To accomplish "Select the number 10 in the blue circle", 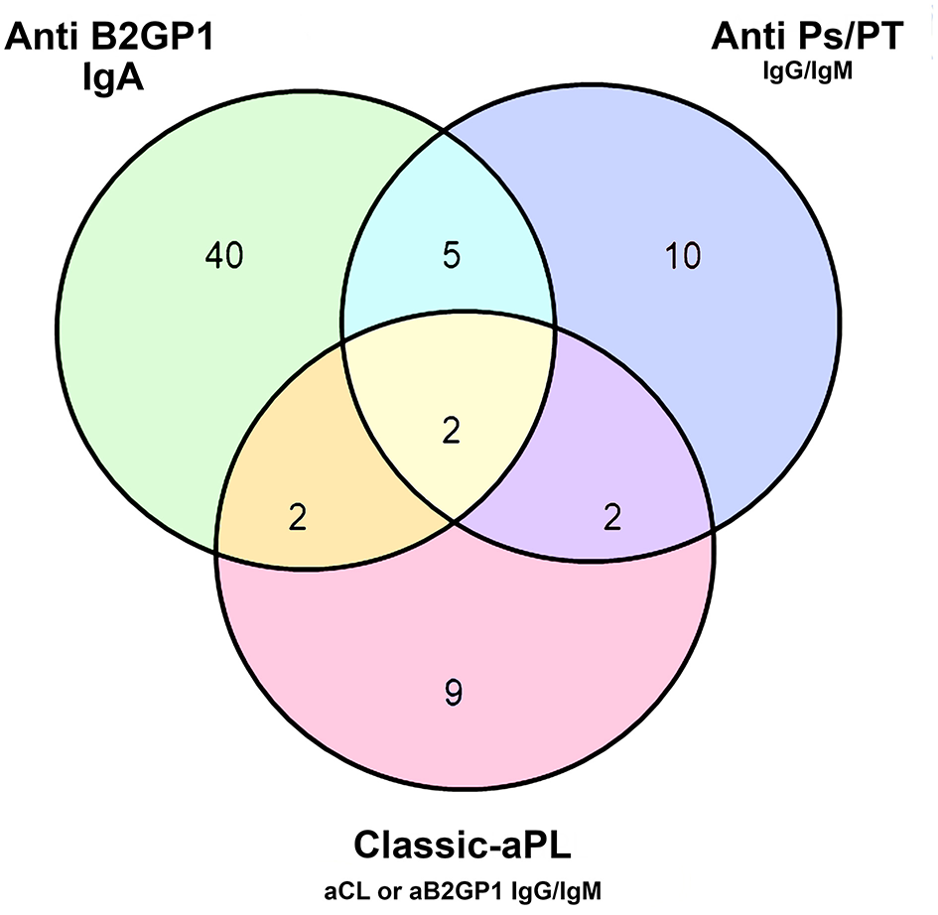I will click(683, 257).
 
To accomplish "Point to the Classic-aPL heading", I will click(464, 848).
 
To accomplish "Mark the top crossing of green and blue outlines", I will click(447, 131).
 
